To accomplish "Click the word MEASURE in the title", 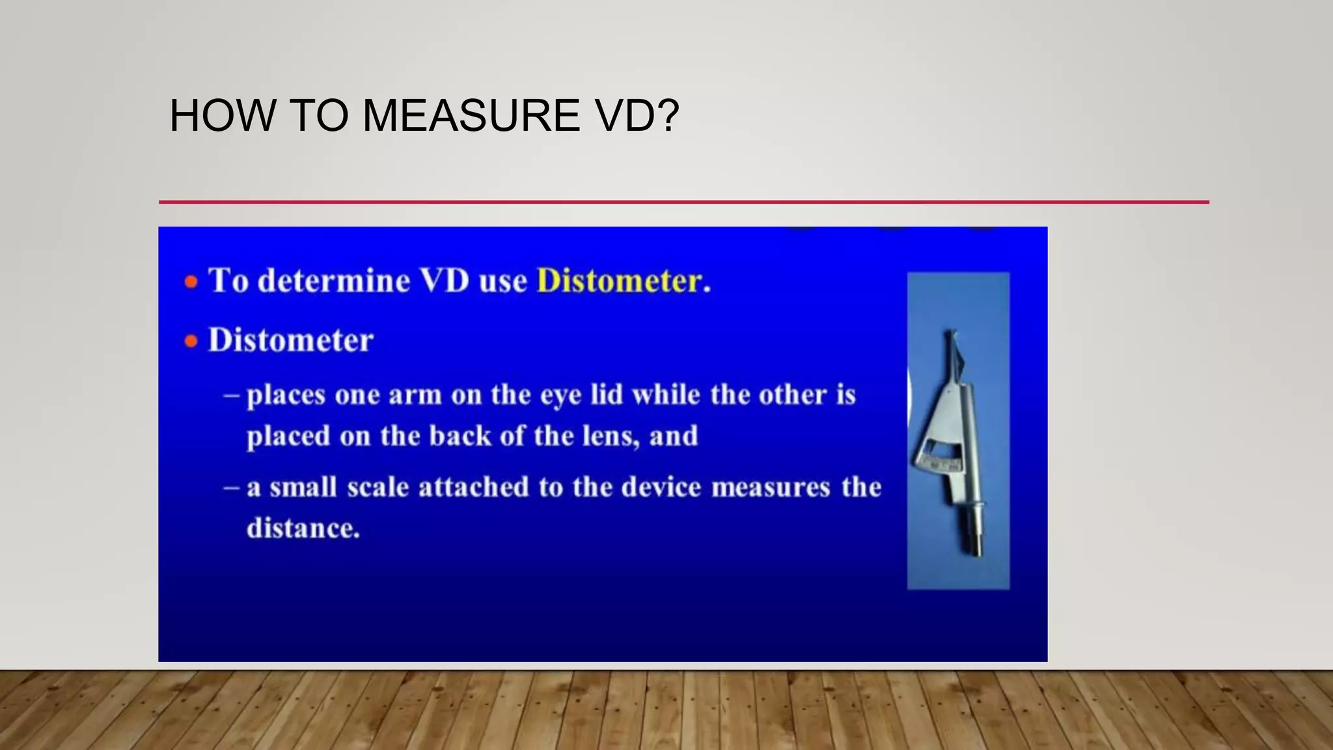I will (470, 116).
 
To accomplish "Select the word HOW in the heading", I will (223, 116).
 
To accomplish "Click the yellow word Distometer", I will (619, 281).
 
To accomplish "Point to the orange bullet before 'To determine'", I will (191, 282).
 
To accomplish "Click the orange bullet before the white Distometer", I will (191, 341).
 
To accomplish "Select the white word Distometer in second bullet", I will (290, 340).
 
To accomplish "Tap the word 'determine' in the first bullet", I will (334, 281).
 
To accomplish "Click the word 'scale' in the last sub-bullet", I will (378, 487).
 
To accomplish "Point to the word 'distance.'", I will (303, 528).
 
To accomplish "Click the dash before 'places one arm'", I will (232, 395).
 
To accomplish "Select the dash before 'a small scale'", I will (232, 488).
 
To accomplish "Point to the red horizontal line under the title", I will (683, 202).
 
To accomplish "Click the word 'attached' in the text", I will (473, 487).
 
